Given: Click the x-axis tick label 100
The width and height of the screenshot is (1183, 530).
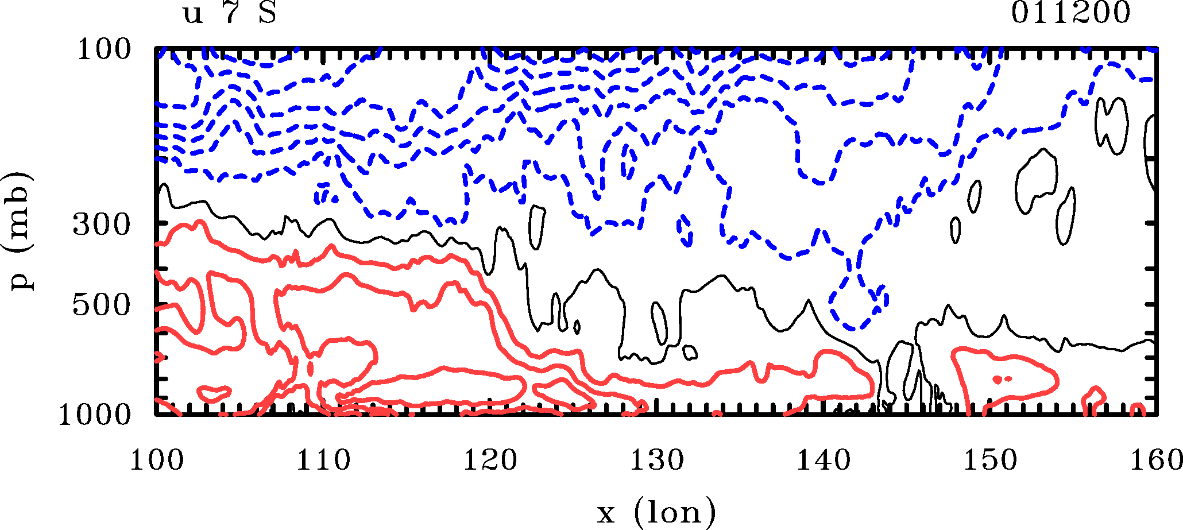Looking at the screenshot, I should pos(157,461).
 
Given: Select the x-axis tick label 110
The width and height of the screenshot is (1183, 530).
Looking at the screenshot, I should pos(323,461).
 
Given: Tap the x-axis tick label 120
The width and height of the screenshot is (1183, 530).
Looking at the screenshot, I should pos(490,461).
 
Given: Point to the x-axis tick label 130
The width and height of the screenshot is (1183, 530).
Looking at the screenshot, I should pos(657,461).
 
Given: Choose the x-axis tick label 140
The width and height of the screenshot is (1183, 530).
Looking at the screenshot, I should pos(824,461).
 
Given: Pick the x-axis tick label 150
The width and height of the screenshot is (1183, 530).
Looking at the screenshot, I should pos(990,461).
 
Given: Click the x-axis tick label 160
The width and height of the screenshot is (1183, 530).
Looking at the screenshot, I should pos(1155,461).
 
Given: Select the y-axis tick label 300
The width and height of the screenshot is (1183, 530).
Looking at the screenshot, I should pos(102,225).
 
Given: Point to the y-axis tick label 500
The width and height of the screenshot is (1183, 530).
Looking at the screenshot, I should pos(102,305).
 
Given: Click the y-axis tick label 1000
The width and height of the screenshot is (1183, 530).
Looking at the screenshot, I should pos(95,415).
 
